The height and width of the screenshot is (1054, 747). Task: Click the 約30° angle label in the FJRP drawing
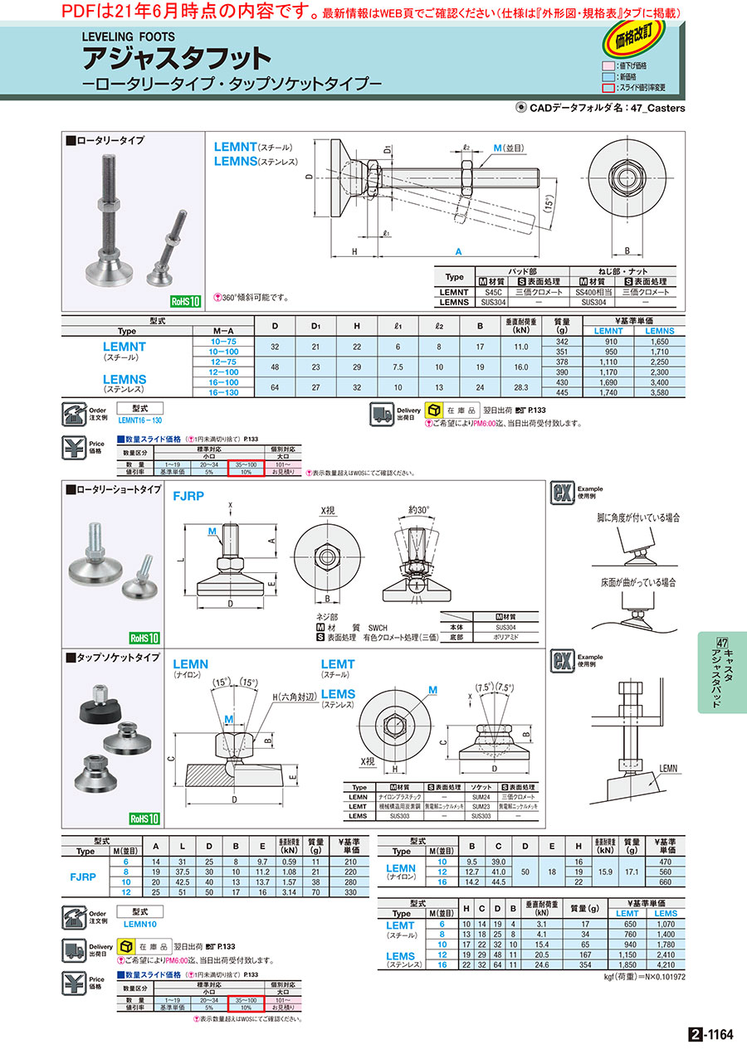[x=419, y=511]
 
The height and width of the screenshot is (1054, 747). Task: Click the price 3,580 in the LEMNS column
[x=660, y=391]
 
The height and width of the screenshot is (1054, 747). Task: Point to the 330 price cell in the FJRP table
[x=344, y=891]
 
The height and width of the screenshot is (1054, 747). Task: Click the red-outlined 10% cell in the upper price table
[x=247, y=472]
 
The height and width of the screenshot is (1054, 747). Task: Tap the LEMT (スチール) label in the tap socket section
[x=338, y=669]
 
